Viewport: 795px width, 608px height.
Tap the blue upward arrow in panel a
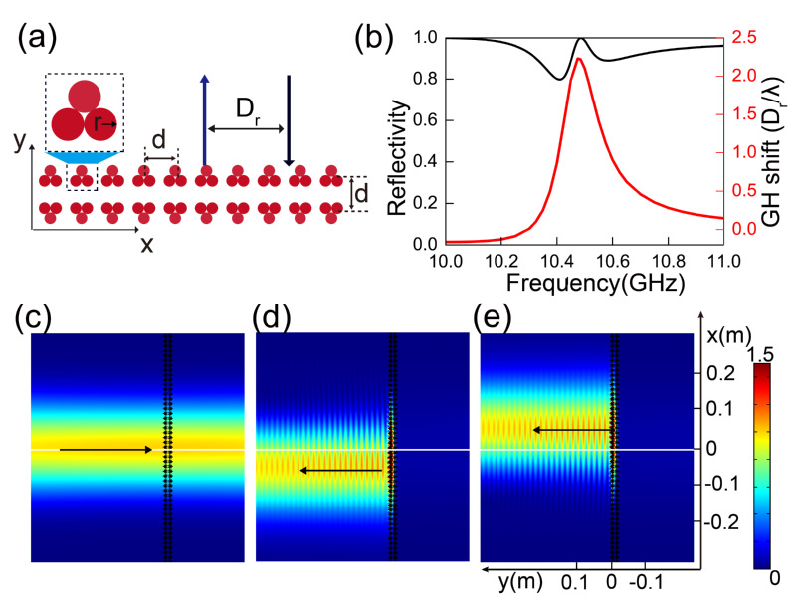point(204,119)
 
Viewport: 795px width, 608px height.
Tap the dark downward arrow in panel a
point(288,119)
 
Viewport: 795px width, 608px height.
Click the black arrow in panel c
point(105,450)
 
